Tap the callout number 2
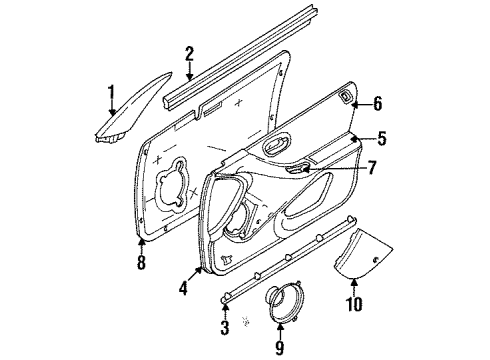pos(189,54)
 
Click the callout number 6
pos(377,103)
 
